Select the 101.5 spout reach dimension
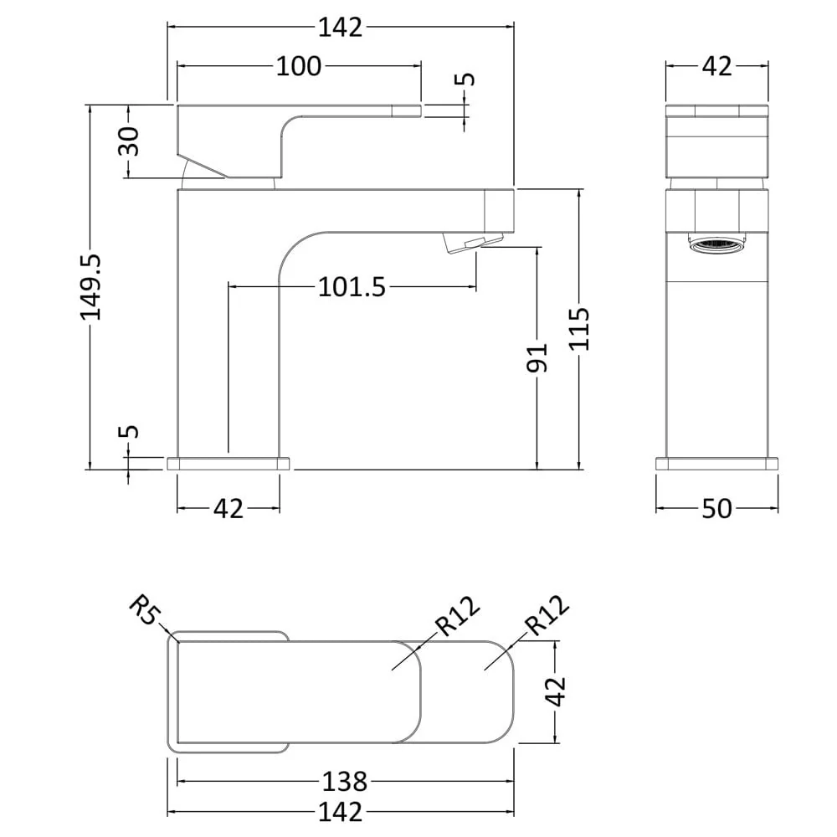tap(352, 287)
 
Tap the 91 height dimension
tap(537, 357)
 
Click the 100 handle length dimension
tap(299, 66)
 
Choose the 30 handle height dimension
tap(128, 141)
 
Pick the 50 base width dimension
tap(716, 508)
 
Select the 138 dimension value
tap(345, 782)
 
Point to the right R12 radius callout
tap(546, 617)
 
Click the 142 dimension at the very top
tap(341, 27)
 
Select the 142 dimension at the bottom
tap(341, 811)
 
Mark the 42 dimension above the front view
tap(716, 66)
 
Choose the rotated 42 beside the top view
tap(556, 691)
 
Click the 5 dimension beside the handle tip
tap(467, 80)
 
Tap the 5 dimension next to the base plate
tap(128, 432)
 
